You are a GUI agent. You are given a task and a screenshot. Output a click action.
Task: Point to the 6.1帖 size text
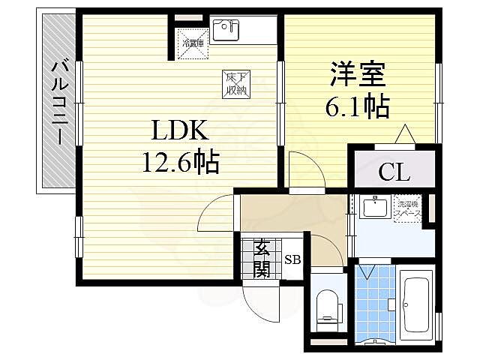pos(357,108)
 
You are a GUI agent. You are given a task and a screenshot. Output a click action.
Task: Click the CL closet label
pos(393,173)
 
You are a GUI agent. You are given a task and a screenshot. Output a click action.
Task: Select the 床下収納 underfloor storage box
pos(234,82)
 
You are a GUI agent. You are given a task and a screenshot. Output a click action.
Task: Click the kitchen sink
pos(224,29)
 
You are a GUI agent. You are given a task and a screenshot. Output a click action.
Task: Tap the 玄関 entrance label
pos(262,258)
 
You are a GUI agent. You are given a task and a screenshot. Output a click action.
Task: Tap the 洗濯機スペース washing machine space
pos(409,209)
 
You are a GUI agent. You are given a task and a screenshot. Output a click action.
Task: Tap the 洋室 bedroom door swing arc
pos(306,169)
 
